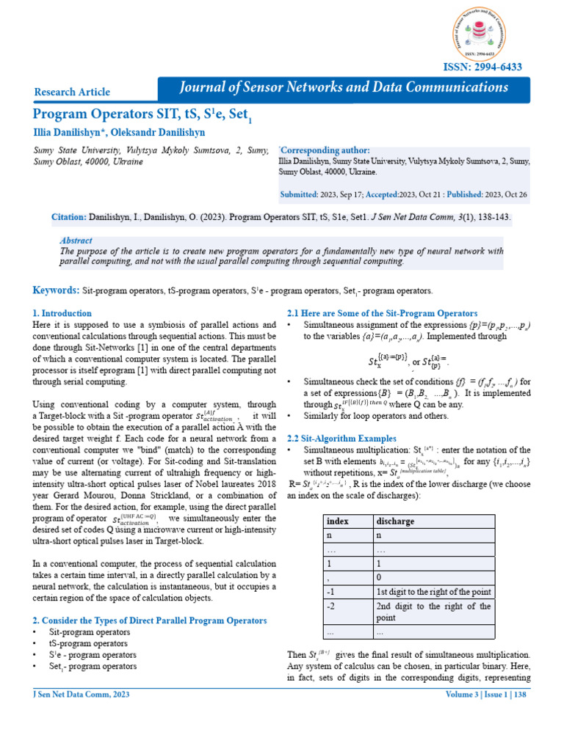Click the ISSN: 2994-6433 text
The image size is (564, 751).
pyautogui.click(x=482, y=67)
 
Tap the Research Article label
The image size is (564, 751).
pyautogui.click(x=72, y=92)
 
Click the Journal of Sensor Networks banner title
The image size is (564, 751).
pyautogui.click(x=344, y=87)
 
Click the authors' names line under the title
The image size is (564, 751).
pyautogui.click(x=119, y=133)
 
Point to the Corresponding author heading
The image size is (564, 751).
pyautogui.click(x=326, y=150)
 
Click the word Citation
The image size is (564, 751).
pyautogui.click(x=68, y=218)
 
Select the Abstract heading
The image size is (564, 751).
pyautogui.click(x=76, y=241)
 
